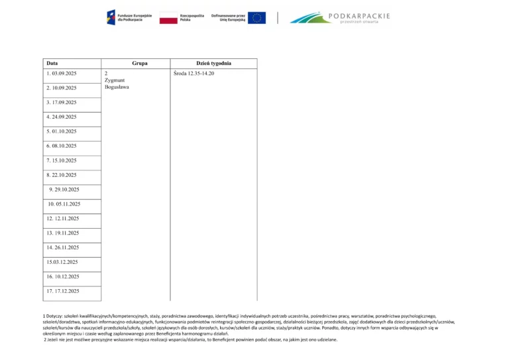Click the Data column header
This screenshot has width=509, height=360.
(52, 64)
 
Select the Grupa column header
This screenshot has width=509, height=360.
(139, 64)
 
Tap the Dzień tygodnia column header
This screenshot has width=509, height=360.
(213, 64)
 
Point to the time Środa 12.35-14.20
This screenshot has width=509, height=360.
(194, 73)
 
